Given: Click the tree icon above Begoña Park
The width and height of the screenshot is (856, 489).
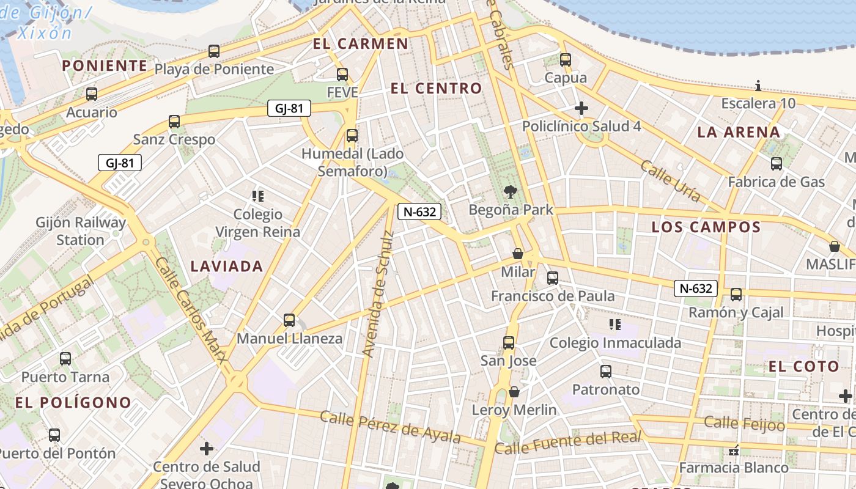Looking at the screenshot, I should coord(509,192).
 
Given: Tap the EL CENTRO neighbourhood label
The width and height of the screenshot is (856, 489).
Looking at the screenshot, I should coord(436,88).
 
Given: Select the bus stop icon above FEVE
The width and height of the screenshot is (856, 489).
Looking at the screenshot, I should coord(342,75).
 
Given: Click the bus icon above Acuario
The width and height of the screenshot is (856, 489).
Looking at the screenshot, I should coord(92,94).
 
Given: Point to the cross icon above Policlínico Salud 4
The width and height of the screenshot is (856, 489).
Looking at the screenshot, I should coord(581,109).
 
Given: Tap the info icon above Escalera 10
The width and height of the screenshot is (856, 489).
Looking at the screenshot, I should coord(758,86).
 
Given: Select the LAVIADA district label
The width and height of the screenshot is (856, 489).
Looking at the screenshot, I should coord(227,266).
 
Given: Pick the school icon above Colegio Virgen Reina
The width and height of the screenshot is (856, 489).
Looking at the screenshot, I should coord(258,196).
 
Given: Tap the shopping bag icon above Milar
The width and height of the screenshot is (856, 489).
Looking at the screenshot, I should coord(518,254).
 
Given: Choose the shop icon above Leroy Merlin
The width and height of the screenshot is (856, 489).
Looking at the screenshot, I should coord(514,392).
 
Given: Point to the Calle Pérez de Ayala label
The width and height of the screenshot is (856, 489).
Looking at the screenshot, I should coord(390,427).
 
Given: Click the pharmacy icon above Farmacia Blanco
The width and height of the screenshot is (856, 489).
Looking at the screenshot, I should coord(734,451).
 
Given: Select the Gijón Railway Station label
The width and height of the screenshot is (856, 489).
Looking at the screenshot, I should coord(81,231).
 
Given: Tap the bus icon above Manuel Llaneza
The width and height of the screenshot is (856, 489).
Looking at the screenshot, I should coord(289,320).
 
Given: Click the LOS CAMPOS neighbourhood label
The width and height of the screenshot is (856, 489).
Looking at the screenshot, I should coord(706,227).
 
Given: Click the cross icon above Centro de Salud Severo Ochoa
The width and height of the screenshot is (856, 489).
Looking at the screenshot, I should coord(207,449).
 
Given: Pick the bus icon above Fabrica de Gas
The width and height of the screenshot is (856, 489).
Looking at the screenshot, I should coord(777,164).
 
